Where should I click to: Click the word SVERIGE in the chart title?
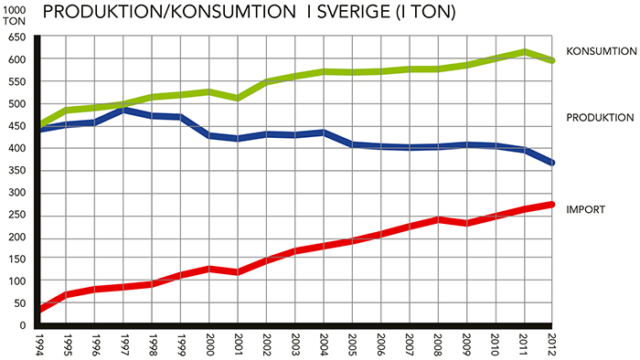pos(353,12)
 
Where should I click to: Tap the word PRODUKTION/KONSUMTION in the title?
pos(169,12)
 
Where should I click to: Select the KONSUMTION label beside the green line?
pos(602,51)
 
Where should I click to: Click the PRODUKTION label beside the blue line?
pos(600,118)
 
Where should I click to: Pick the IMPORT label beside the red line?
pos(585,209)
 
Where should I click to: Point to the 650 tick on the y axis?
pos(16,37)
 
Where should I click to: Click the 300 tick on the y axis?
pos(16,193)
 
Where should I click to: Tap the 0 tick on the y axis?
pos(23,325)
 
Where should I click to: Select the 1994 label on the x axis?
pos(39,345)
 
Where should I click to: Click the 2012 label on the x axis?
pos(552,345)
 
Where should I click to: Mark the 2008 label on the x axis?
pos(438,345)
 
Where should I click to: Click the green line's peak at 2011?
pos(524,52)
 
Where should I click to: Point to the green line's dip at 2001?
pos(238,99)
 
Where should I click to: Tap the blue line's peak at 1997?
pos(123,110)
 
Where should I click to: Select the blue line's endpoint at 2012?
pos(552,163)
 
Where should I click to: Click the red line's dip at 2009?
pos(467,224)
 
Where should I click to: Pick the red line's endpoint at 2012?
pos(551,205)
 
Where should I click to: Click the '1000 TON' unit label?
pos(14,16)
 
